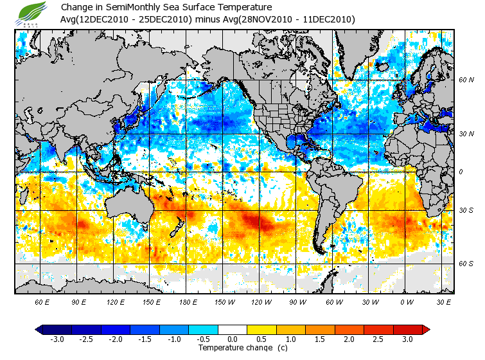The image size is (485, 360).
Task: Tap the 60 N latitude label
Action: [466, 80]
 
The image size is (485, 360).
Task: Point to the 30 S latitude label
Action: [466, 211]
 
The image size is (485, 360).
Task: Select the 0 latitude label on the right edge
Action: [461, 172]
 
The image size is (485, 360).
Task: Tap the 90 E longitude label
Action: [80, 301]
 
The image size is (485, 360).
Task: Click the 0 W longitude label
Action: [406, 301]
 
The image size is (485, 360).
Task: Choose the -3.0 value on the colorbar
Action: [57, 339]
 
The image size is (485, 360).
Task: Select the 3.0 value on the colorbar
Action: [408, 339]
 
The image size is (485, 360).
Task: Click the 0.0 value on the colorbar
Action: [233, 339]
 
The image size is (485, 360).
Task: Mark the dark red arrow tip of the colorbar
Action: [426, 329]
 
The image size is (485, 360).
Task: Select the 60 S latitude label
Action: [466, 264]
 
